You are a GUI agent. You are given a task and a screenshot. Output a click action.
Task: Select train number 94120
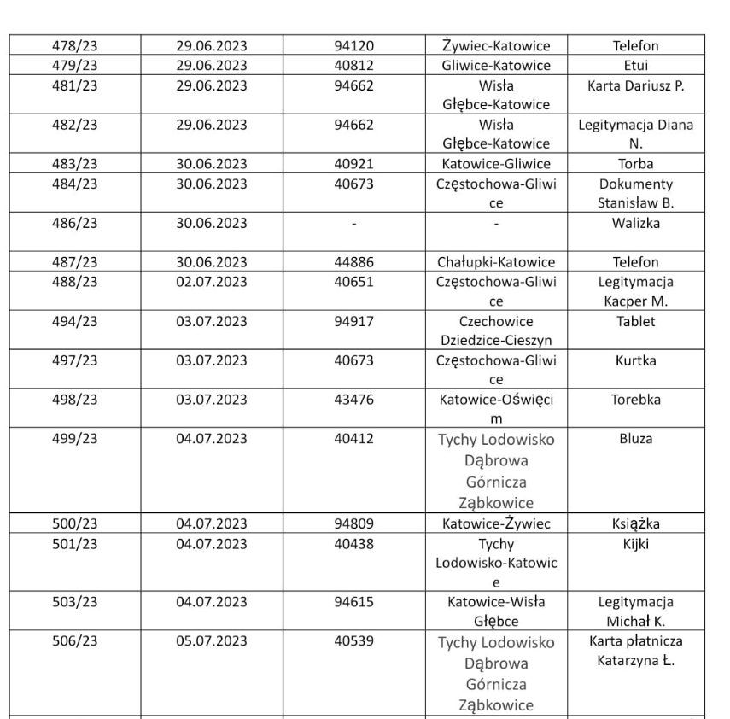coord(354,45)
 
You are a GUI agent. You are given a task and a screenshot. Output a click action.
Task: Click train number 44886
coord(354,262)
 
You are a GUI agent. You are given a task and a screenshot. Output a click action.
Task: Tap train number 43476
coord(354,399)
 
